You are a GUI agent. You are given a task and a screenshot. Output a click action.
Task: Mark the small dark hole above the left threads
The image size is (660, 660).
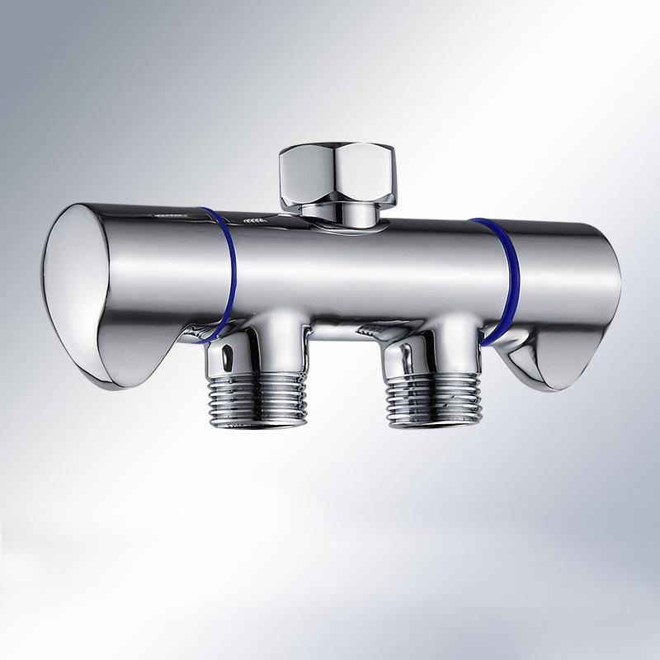point(225,356)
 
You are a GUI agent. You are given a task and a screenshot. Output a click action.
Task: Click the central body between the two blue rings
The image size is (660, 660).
point(363,272)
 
